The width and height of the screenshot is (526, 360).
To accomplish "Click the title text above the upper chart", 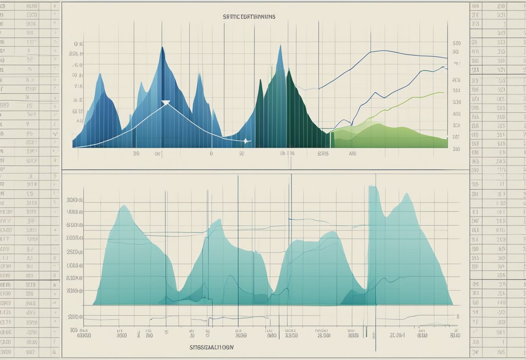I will pos(249,16).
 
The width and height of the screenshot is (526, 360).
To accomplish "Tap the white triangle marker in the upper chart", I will pos(166,103).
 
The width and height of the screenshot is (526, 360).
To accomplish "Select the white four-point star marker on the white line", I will pos(245,141).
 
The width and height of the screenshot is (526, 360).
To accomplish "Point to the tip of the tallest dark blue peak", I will pos(162,48).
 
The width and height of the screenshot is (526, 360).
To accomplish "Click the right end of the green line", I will pos(443,93).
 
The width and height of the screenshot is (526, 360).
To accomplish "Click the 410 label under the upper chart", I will pos(350,153).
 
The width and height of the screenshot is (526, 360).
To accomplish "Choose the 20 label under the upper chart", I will pos(136,153).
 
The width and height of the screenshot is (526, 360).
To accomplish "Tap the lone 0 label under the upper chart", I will pos(211,153).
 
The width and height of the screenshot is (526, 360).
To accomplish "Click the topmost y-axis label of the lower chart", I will pos(75,200).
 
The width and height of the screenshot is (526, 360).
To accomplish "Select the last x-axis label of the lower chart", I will pos(454,335).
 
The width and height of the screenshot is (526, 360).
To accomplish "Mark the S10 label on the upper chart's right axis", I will pos(456,43).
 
